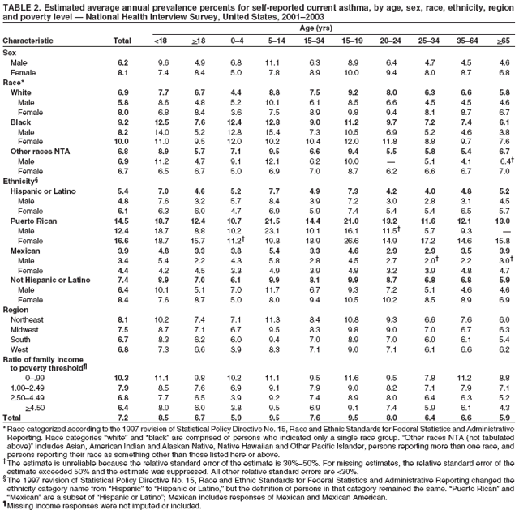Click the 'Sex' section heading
pyautogui.click(x=10, y=52)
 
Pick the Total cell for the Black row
pyautogui.click(x=122, y=122)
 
